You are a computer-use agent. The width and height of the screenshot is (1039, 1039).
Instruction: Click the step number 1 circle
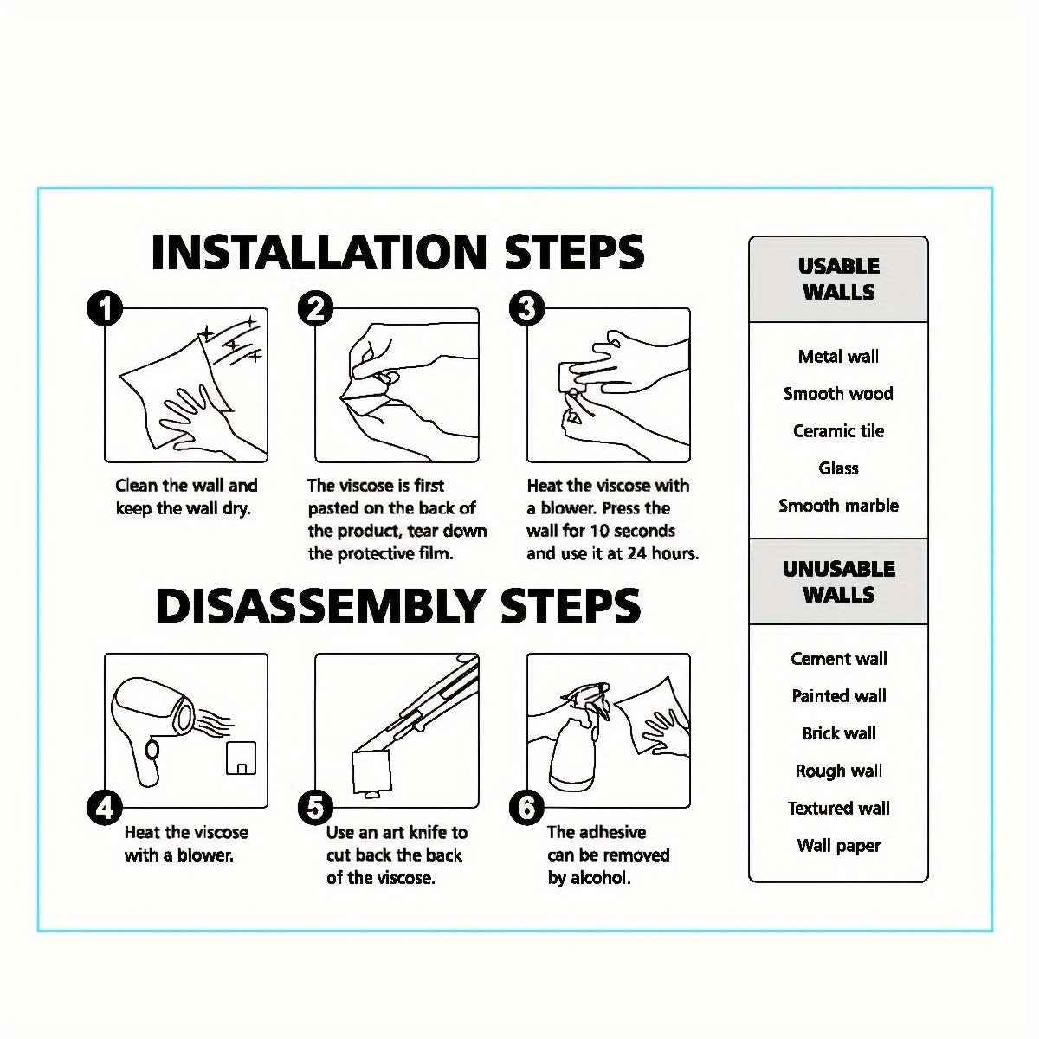point(105,308)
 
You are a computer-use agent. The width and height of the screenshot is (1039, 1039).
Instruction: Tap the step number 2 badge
point(315,308)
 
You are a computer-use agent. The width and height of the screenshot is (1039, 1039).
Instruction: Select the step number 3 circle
point(526,308)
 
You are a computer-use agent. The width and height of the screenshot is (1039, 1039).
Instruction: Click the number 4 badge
point(105,808)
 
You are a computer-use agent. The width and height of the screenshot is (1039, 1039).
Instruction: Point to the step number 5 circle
point(315,808)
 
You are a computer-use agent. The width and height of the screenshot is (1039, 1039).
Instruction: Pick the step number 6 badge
point(526,808)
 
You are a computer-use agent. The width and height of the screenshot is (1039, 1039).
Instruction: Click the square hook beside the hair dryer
point(241,758)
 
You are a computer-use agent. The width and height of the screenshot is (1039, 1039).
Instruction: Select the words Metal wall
point(838,357)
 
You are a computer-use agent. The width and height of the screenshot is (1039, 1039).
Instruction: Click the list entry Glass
point(838,468)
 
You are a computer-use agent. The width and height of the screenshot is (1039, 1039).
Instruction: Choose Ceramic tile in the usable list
point(838,431)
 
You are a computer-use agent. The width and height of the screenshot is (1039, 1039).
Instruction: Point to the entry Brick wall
point(838,733)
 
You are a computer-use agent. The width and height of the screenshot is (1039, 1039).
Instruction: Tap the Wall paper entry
point(838,846)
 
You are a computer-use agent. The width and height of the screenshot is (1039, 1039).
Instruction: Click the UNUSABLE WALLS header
point(838,582)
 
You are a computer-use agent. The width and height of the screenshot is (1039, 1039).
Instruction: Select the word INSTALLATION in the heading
point(319,252)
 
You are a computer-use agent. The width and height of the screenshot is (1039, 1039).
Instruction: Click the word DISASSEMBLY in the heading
point(318,605)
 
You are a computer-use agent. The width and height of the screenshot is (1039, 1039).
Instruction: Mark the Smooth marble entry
point(838,505)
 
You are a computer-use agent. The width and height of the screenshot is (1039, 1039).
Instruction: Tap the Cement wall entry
point(838,658)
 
